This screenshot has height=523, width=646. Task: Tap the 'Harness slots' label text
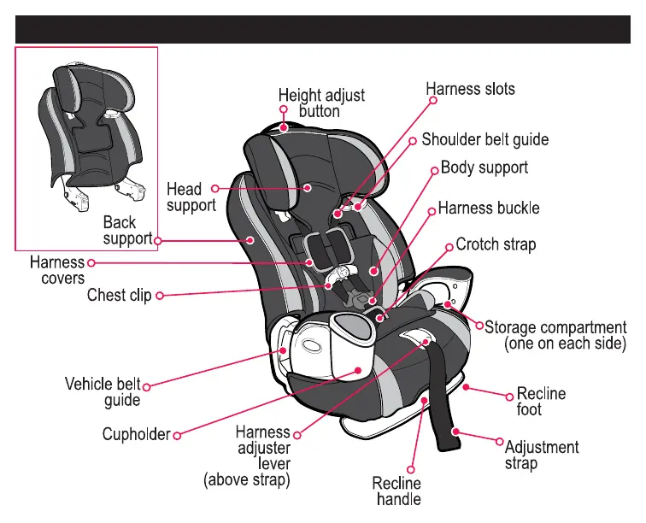[471, 88]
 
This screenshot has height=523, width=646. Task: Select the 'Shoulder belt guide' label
[484, 138]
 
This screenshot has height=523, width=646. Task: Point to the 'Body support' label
[484, 167]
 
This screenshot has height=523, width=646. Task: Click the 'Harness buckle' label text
[489, 208]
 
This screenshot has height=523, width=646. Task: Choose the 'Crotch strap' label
[496, 244]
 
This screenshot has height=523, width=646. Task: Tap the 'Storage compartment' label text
[555, 327]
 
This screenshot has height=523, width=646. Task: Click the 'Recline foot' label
[541, 402]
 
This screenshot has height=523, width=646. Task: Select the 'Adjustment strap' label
[542, 455]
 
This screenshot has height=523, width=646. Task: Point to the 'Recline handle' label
[397, 491]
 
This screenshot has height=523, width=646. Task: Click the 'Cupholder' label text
[137, 434]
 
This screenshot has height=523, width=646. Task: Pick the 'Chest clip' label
[120, 296]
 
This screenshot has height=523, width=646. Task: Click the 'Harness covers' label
[57, 270]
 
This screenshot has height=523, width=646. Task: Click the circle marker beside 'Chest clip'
[159, 296]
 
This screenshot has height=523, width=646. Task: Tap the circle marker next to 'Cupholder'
[177, 435]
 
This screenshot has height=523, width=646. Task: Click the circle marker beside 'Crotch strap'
[450, 245]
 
